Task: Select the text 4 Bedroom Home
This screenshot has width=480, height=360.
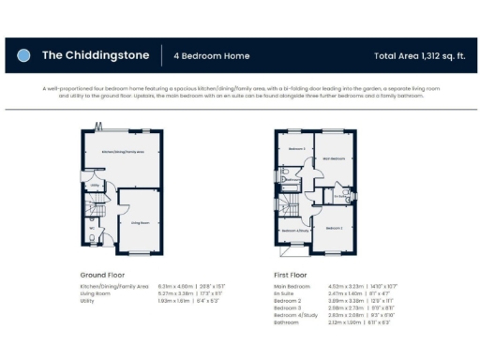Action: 212,56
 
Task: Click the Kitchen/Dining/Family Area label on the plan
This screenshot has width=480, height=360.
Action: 123,150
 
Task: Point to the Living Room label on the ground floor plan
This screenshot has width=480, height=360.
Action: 141,222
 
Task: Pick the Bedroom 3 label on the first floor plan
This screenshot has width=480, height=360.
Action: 296,149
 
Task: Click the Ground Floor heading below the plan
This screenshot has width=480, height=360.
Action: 102,275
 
